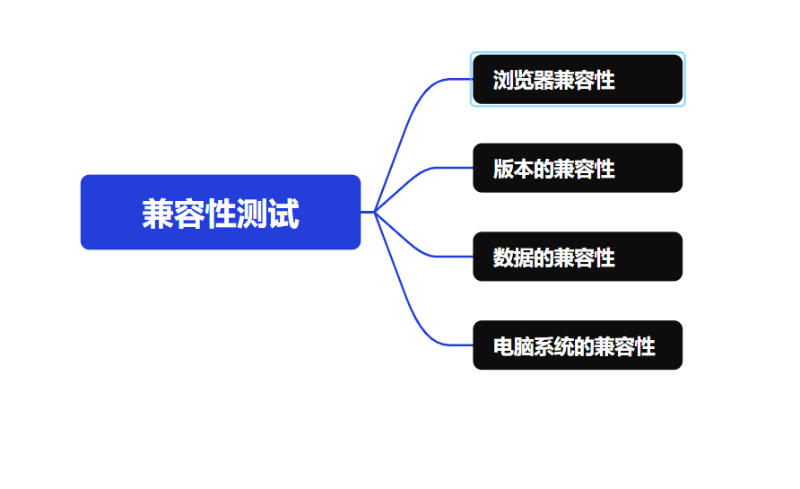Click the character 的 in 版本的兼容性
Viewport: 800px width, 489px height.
click(543, 169)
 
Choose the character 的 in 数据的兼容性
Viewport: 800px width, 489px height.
click(543, 258)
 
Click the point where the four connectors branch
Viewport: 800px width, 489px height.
click(375, 212)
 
